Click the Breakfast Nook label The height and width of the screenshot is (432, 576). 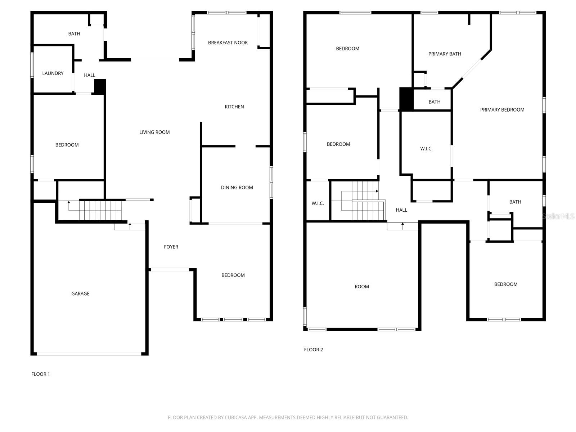[228, 42]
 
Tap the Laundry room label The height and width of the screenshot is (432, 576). [53, 73]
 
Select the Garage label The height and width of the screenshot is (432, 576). [80, 294]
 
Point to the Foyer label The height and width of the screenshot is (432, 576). [171, 247]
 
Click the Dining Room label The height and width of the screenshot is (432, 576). [237, 188]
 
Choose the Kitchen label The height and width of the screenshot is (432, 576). [234, 107]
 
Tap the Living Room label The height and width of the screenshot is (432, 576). [154, 132]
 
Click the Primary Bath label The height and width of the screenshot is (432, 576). [445, 54]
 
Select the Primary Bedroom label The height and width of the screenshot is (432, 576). [502, 110]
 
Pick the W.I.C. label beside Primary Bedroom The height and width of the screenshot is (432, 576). [426, 149]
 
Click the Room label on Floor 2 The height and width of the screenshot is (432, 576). [362, 287]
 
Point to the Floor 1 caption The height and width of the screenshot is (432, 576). [41, 374]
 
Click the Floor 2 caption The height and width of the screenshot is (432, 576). [314, 350]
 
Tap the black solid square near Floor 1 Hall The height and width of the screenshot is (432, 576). [100, 87]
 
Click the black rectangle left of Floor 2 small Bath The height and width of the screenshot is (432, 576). [406, 99]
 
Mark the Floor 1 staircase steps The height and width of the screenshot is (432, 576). [100, 211]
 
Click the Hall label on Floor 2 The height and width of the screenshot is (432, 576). [401, 210]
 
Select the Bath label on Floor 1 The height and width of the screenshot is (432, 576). [74, 34]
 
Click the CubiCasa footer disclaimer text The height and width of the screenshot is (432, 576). [288, 418]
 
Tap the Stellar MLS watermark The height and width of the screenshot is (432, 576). [558, 216]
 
